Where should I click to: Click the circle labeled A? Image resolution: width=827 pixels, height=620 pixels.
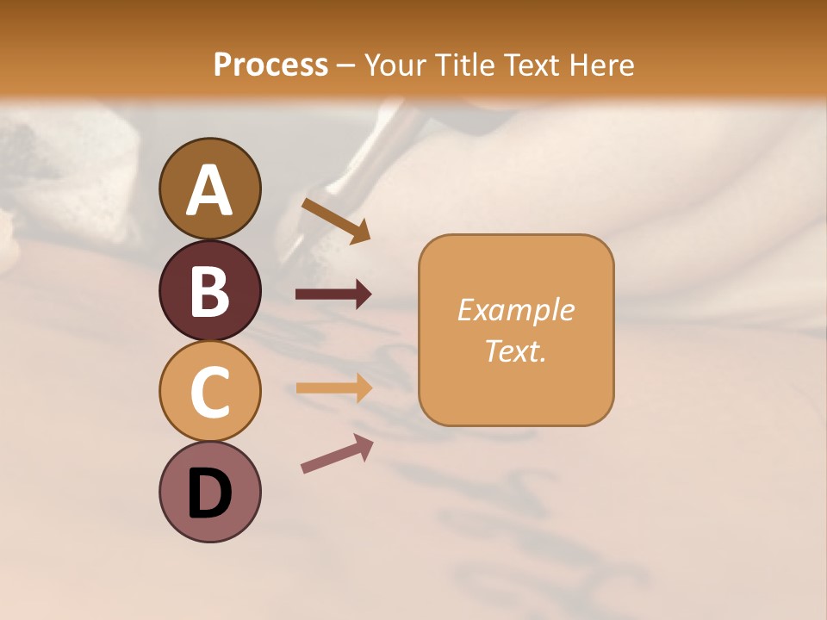click(209, 189)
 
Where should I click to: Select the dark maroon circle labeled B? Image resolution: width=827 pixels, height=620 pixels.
click(209, 290)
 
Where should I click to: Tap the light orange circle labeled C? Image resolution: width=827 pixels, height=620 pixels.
click(209, 392)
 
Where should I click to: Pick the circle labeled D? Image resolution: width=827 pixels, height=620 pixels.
click(209, 493)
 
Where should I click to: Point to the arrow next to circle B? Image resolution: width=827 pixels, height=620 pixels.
click(333, 294)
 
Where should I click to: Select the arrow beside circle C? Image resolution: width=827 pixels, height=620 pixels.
click(333, 387)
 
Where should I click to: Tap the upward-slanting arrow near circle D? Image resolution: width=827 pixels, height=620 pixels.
click(337, 453)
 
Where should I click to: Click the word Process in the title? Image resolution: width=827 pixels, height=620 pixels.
click(270, 65)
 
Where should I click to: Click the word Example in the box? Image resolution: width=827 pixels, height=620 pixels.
click(515, 310)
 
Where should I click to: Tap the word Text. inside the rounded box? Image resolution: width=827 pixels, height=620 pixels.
click(515, 350)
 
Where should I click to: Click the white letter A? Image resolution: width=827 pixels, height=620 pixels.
click(209, 190)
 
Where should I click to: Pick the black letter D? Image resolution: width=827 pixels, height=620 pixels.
click(209, 493)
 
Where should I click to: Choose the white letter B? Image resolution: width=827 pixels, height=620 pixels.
click(209, 291)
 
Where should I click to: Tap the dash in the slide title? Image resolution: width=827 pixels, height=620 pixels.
click(346, 66)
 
